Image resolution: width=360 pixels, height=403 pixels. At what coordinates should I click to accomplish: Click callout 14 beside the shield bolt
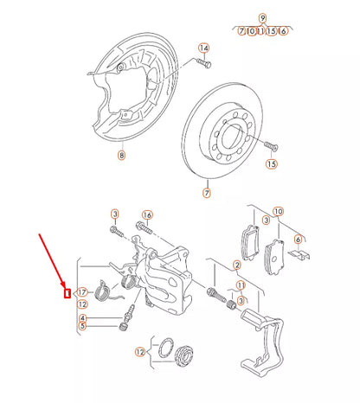click(203, 48)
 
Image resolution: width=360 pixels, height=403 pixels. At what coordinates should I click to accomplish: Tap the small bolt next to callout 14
click(203, 63)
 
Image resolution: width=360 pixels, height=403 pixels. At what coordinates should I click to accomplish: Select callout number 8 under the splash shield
click(121, 157)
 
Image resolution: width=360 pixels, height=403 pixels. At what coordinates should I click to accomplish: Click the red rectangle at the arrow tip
click(67, 291)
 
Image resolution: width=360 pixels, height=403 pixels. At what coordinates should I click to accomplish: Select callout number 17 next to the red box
click(83, 291)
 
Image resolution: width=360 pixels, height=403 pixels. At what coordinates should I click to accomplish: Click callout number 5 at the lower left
click(82, 326)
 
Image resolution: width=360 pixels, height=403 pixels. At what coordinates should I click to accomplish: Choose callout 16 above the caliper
click(147, 214)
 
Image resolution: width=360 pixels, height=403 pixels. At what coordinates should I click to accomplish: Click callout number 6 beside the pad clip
click(298, 240)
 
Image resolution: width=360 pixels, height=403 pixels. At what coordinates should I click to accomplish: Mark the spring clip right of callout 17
click(105, 291)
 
